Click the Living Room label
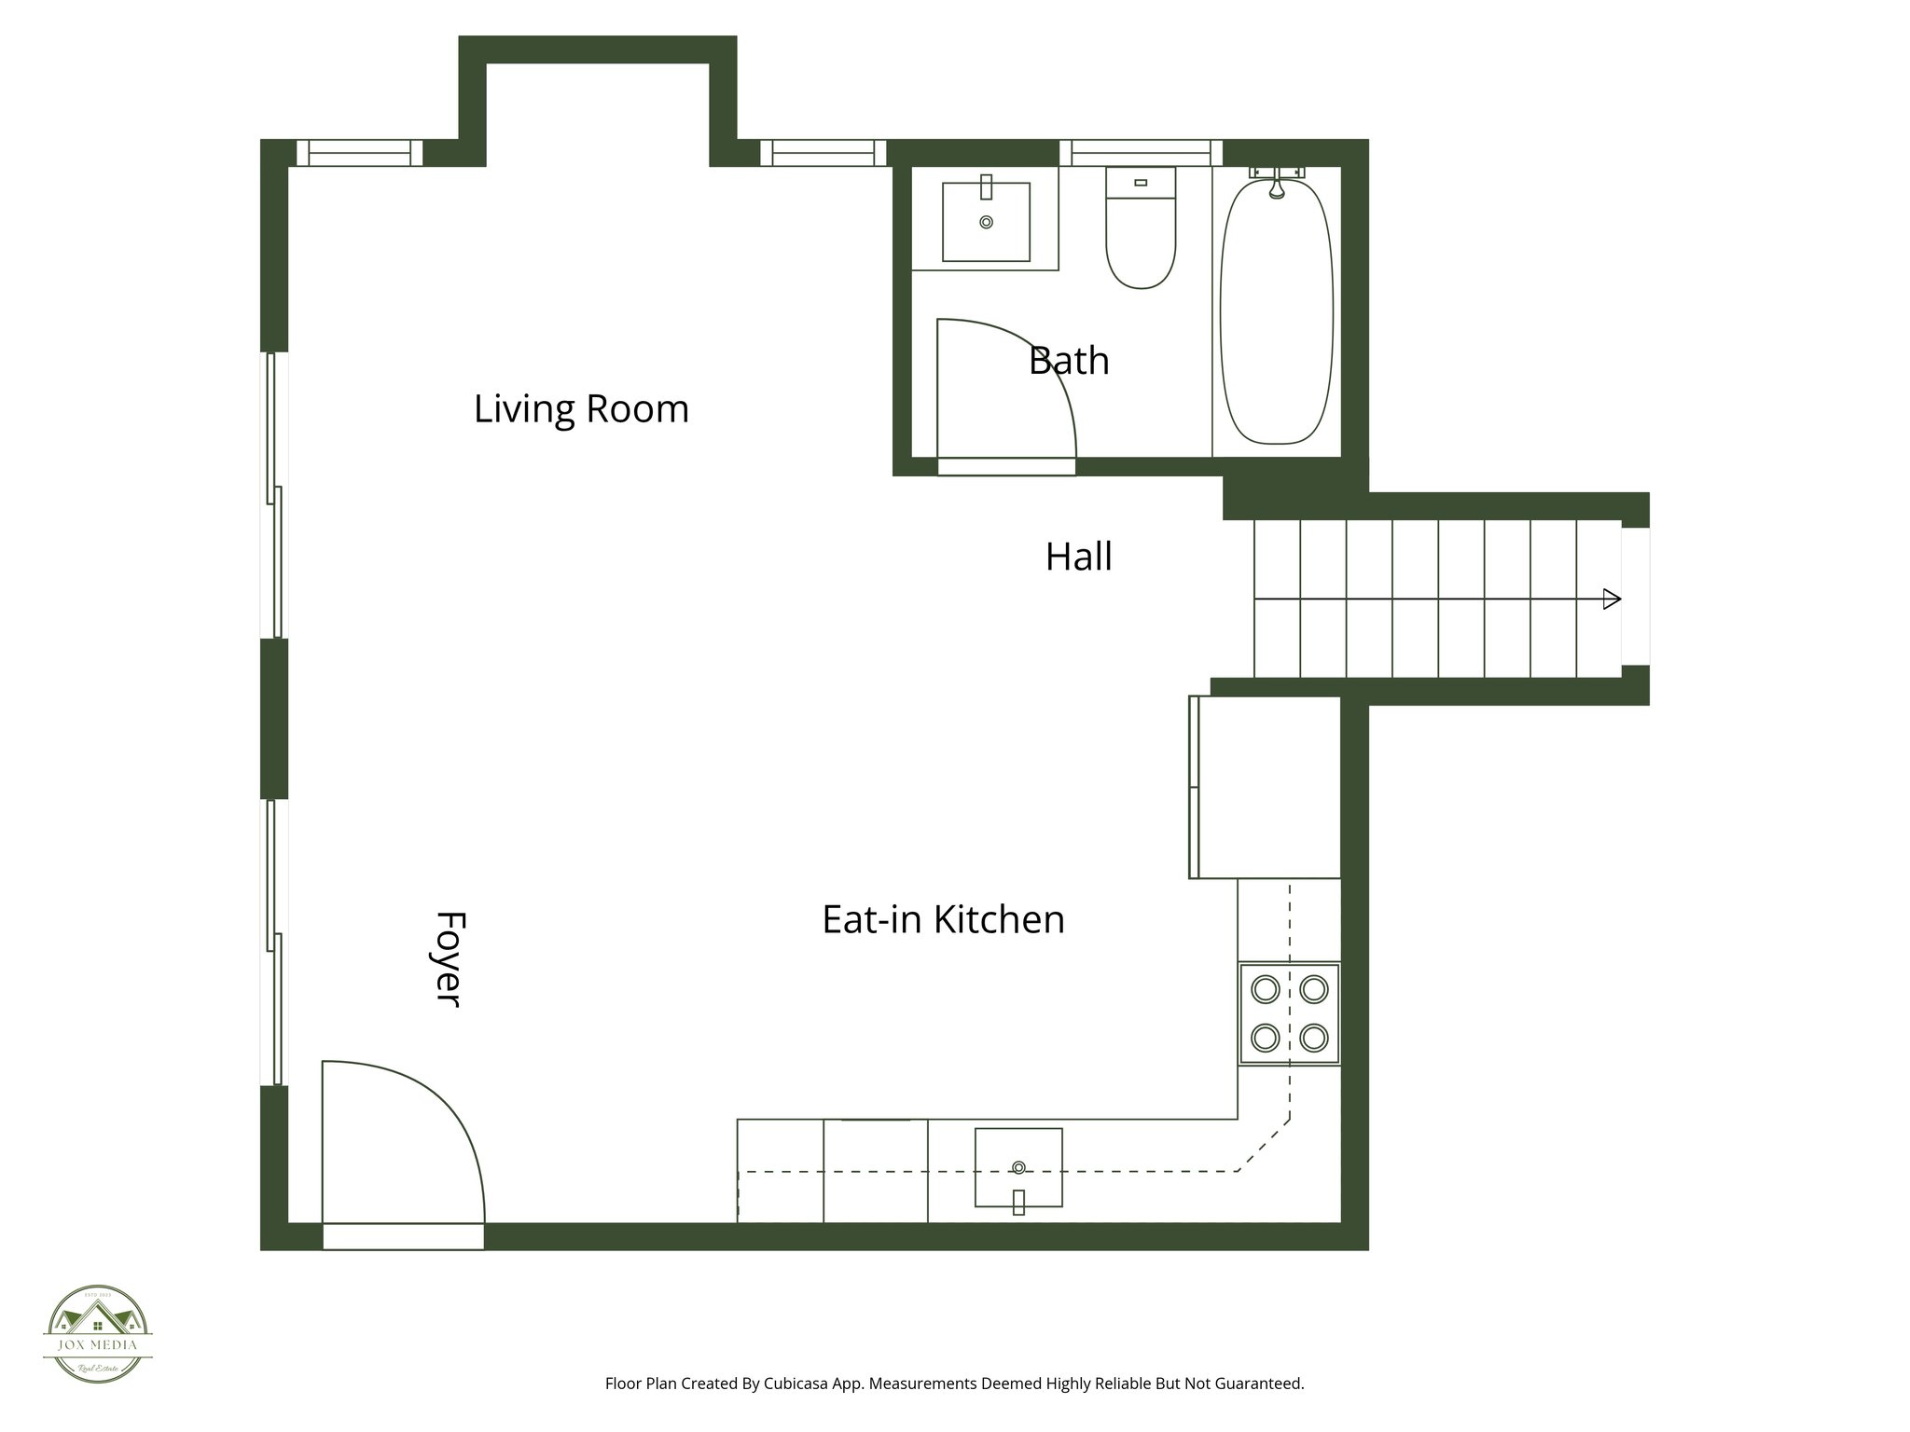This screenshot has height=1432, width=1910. coord(581,409)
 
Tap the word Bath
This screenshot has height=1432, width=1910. coord(1069,361)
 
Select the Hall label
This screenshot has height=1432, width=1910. coord(1078,557)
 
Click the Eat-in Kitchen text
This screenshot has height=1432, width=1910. coord(943,919)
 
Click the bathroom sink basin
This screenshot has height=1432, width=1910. coord(986,222)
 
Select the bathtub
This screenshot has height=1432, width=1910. coord(1276,312)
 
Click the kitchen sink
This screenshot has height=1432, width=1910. coord(1018,1168)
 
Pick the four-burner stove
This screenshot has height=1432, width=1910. coord(1289,1013)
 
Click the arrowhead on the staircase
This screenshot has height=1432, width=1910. coord(1611,599)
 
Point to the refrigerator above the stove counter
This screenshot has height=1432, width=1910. coord(1268,787)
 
